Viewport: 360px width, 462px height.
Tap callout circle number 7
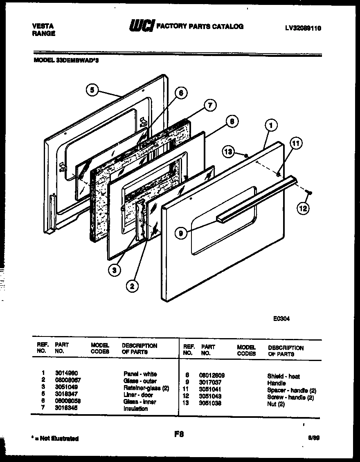(209, 105)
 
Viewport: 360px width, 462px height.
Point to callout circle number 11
(296, 143)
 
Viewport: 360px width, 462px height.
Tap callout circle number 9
(180, 233)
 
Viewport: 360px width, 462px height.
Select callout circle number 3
(115, 269)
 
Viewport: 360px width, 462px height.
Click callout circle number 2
(131, 286)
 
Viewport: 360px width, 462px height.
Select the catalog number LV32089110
(303, 28)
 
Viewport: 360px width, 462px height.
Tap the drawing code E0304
(281, 319)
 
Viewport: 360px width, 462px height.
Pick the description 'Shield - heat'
(283, 376)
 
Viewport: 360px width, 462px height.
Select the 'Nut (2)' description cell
(276, 404)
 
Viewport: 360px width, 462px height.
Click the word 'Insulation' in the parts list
(135, 408)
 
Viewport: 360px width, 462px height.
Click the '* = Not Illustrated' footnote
(55, 438)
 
